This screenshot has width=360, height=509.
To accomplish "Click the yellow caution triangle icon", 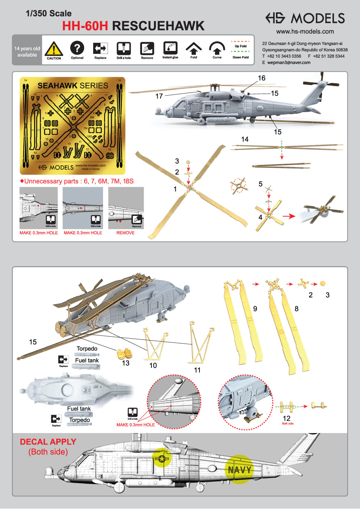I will (54, 49).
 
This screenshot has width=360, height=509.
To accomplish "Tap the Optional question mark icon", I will (77, 48).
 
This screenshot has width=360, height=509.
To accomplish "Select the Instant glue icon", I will (170, 48).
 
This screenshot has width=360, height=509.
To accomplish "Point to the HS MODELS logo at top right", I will (305, 18).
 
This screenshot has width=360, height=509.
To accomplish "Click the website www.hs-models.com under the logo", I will (305, 32).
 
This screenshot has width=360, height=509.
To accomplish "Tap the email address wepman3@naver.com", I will (289, 62).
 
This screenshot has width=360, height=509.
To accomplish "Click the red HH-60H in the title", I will (85, 26).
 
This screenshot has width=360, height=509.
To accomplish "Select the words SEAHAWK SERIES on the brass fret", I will (73, 86).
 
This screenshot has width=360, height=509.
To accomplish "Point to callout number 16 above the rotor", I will (262, 78).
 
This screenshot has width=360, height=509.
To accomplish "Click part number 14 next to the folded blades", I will (245, 140).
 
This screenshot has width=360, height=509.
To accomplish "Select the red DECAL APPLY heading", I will (48, 442).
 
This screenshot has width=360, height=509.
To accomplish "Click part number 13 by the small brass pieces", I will (126, 364).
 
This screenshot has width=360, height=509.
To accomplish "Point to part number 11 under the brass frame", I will (197, 370).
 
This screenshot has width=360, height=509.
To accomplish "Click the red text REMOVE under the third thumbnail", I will (126, 233).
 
